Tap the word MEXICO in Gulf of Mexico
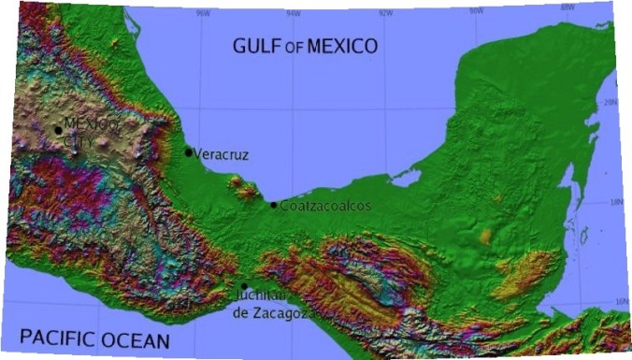[x=342, y=45]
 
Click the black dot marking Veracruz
[x=189, y=152]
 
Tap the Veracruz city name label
[x=222, y=154]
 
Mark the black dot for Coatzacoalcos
[x=274, y=205]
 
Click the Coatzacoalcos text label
[x=325, y=205]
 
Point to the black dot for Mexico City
[x=58, y=131]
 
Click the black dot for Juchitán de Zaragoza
[x=244, y=287]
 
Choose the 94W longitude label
[x=294, y=13]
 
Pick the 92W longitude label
[x=384, y=12]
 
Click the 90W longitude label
[x=476, y=10]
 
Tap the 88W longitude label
[x=567, y=7]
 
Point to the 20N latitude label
[x=611, y=103]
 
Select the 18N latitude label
[x=614, y=201]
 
